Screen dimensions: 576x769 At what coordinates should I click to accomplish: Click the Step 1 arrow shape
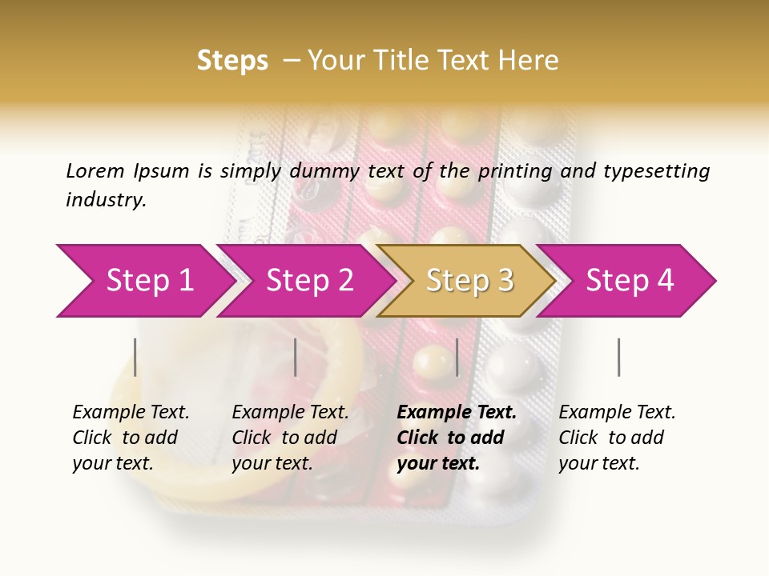(x=144, y=281)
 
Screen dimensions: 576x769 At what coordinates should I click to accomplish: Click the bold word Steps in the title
(x=232, y=61)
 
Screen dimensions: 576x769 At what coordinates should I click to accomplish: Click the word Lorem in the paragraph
(x=95, y=170)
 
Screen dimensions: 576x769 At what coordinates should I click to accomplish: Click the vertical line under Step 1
(x=135, y=357)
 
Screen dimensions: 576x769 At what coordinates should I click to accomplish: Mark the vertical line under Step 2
(x=296, y=357)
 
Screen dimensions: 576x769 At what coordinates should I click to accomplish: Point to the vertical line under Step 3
(x=457, y=357)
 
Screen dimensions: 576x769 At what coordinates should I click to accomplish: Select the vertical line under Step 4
(x=618, y=357)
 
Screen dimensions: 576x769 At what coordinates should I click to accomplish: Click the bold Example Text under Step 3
(x=457, y=412)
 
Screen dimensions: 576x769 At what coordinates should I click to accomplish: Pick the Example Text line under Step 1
(x=131, y=412)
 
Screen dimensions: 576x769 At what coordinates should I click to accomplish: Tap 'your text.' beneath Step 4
(x=598, y=463)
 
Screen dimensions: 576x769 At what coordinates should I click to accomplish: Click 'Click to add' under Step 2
(x=284, y=438)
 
